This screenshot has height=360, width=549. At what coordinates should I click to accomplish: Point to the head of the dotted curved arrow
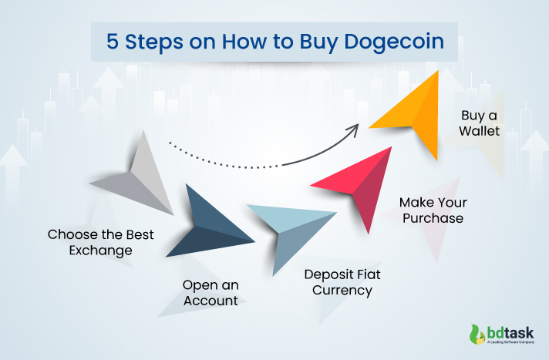(356, 128)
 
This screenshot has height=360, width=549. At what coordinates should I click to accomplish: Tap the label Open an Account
(210, 292)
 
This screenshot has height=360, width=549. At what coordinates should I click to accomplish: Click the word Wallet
(480, 131)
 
